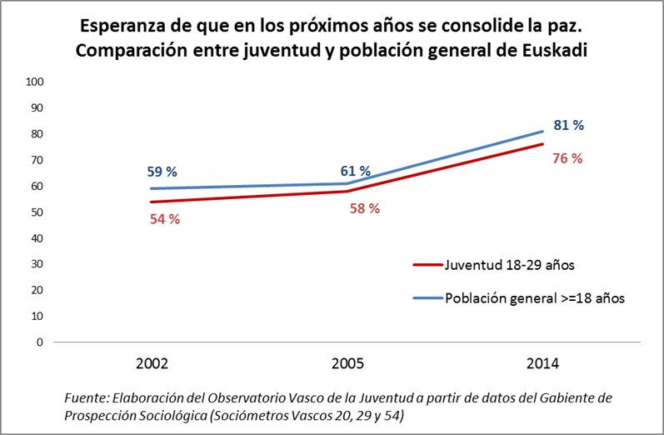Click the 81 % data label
tap(568, 125)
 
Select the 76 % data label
tap(567, 158)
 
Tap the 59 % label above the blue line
tap(162, 172)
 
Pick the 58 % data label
tap(364, 208)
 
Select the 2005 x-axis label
tap(347, 364)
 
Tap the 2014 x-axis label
tap(543, 364)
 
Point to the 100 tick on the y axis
tap(34, 82)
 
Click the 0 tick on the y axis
tap(39, 342)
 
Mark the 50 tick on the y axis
tap(37, 212)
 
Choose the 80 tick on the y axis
tap(37, 133)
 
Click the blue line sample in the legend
tap(427, 297)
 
